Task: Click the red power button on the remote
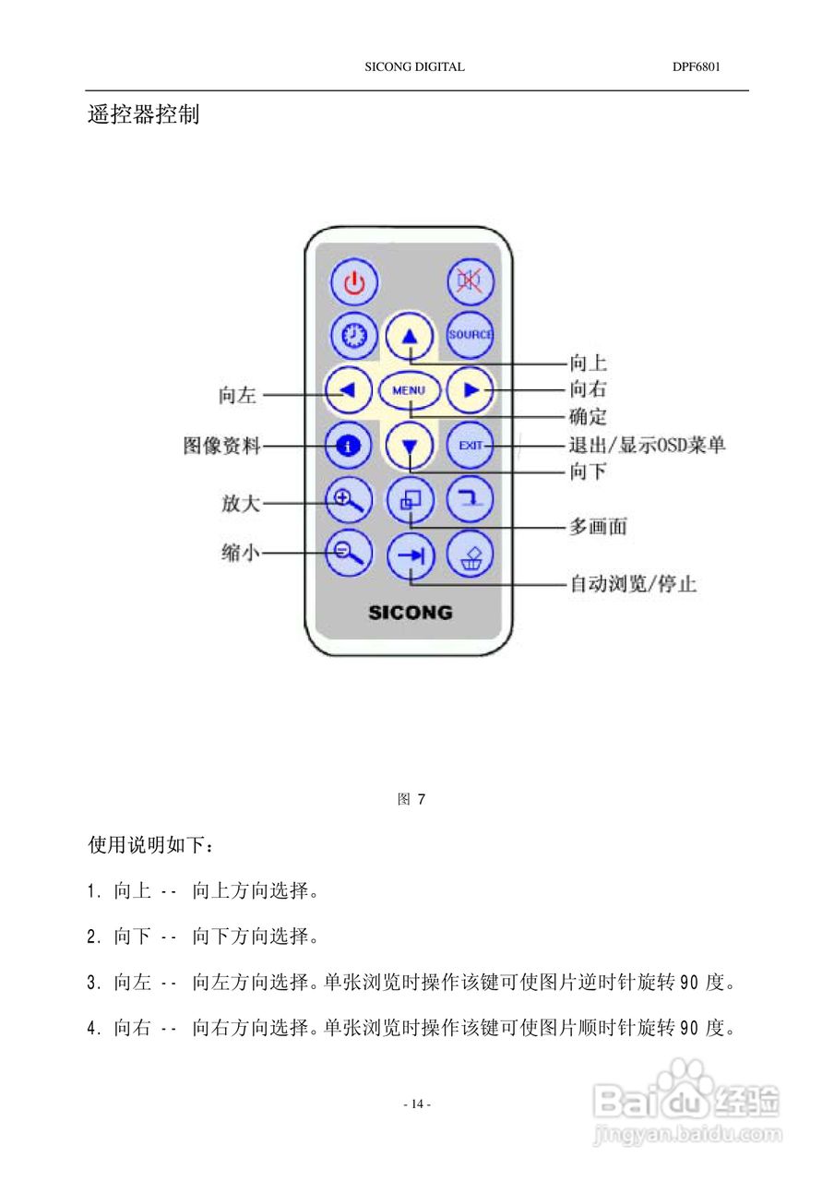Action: (354, 281)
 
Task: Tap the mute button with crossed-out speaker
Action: (471, 281)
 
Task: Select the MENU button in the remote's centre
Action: (409, 390)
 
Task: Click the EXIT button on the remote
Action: (471, 446)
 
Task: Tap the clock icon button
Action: (354, 336)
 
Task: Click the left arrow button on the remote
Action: (348, 390)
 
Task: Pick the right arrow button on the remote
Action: (471, 390)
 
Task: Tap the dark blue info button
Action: (348, 447)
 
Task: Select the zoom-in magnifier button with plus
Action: (347, 500)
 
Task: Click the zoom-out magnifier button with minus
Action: (347, 553)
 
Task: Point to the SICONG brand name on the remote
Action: (411, 612)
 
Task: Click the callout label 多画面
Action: (598, 527)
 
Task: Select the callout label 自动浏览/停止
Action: (632, 584)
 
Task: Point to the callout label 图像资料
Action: (221, 447)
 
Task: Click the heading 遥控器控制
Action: (143, 115)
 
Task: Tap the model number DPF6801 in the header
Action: (696, 67)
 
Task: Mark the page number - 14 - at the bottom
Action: (417, 1103)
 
